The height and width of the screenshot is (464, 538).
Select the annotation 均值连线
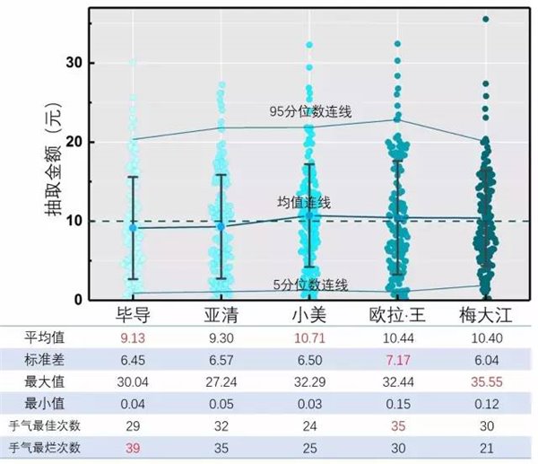pos(304,203)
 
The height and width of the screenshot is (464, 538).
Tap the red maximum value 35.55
pos(485,381)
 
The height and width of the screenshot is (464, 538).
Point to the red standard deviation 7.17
pos(397,359)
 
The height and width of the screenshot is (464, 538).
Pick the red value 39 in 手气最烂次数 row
pos(132,447)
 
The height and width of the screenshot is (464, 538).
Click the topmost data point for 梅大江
pos(486,19)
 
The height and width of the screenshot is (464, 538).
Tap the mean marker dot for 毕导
pos(133,228)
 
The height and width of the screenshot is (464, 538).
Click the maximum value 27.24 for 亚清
pos(221,381)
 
